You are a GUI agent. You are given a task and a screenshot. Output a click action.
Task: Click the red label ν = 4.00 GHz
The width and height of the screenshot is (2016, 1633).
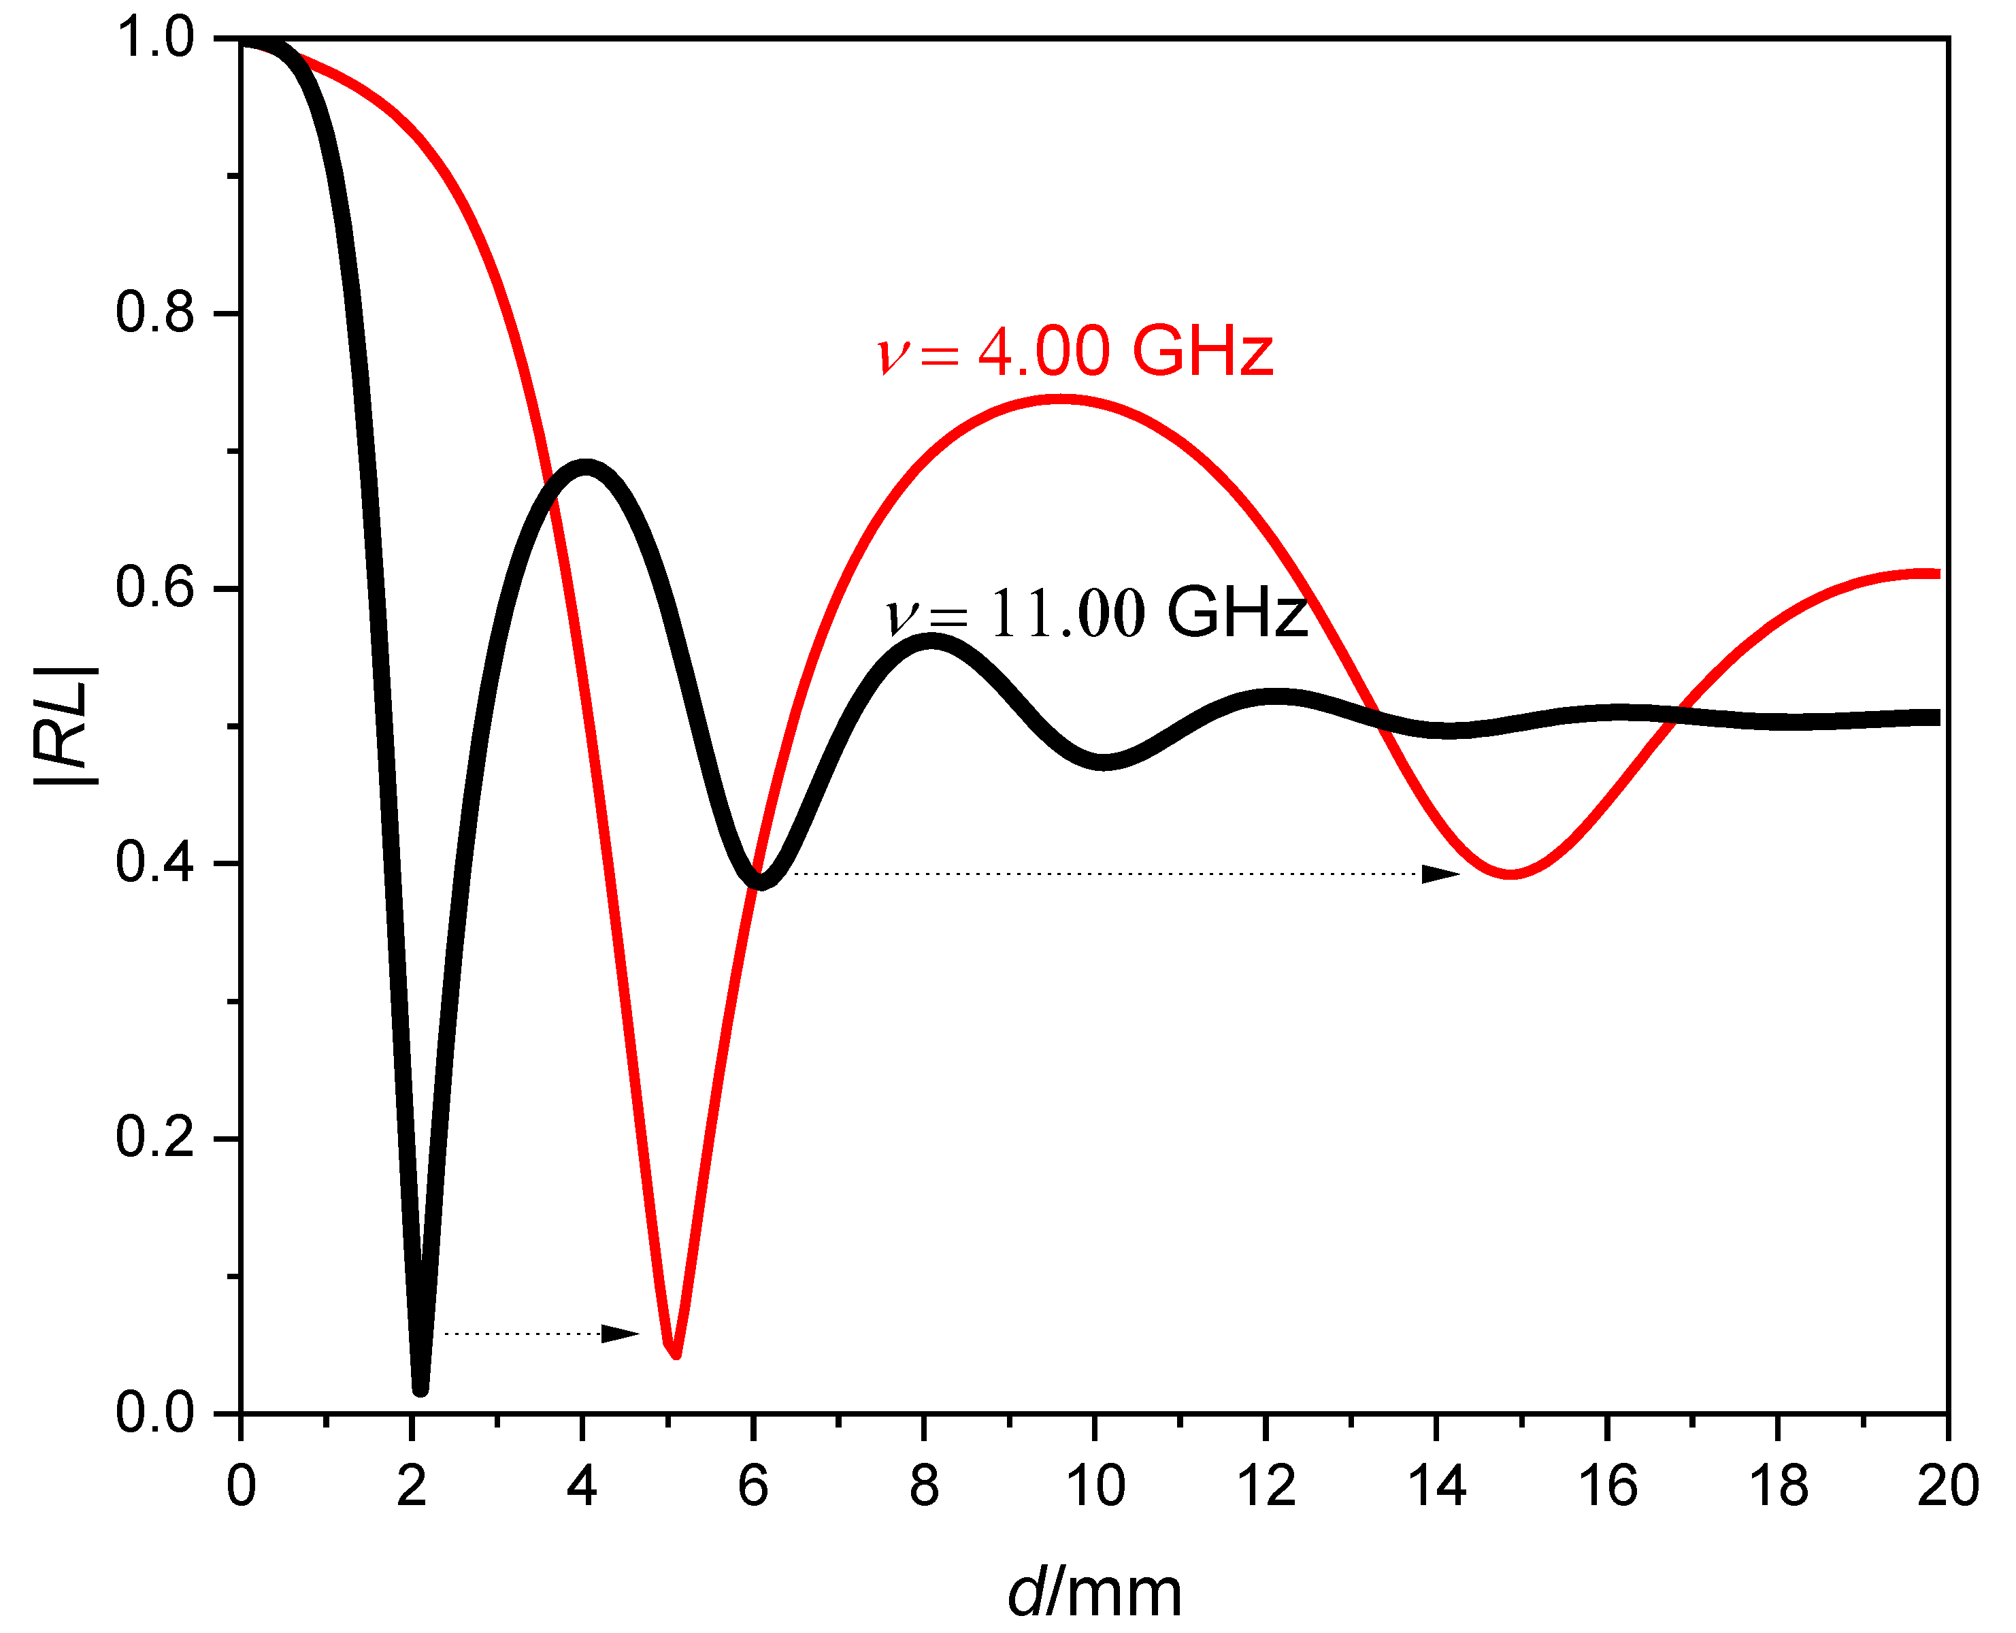[x=1074, y=352]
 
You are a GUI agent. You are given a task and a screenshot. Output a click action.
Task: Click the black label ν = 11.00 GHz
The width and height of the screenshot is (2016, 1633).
[x=1097, y=613]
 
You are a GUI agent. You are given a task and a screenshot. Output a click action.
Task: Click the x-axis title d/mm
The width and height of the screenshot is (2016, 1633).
[x=1094, y=1594]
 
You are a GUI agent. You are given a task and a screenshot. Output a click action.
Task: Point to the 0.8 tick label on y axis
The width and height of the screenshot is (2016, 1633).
[x=155, y=312]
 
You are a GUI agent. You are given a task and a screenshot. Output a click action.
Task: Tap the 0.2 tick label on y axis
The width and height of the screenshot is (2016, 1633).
[x=155, y=1137]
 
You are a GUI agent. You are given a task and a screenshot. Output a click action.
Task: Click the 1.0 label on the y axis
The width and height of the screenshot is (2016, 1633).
[x=155, y=39]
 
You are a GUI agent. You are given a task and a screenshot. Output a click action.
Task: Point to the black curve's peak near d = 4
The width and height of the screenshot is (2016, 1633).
[x=585, y=467]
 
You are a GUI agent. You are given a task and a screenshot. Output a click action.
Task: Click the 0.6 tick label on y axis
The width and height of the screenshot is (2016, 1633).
[x=155, y=588]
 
